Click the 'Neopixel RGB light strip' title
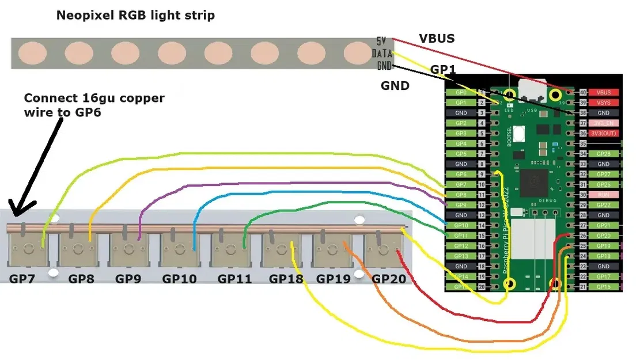point(135,16)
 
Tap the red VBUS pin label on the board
point(603,92)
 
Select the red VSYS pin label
point(603,103)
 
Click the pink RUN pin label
point(603,195)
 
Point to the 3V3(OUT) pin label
point(603,133)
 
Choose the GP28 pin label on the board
point(603,154)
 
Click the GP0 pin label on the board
point(461,92)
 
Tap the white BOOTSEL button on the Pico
point(518,134)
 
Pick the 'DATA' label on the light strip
point(383,53)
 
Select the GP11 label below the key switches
point(234,279)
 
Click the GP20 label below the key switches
point(389,279)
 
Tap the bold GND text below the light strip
point(395,86)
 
